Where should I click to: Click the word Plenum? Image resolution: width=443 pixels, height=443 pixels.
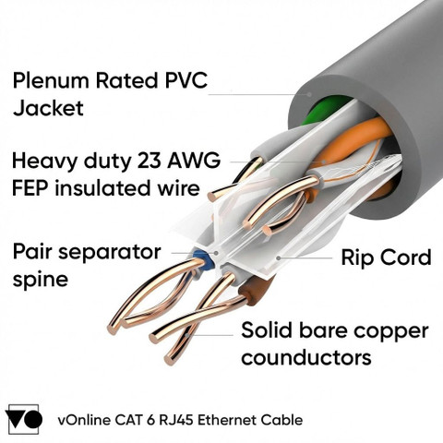point(51,80)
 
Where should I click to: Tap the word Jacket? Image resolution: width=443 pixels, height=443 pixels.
point(48,108)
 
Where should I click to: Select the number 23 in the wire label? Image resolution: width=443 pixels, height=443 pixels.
point(149,161)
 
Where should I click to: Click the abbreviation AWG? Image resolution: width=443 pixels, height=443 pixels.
point(194,161)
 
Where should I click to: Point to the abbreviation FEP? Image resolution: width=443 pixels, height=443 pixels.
point(30,188)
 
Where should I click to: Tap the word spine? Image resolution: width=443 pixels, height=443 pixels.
point(41,280)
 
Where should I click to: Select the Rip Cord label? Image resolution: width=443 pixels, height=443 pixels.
point(386,257)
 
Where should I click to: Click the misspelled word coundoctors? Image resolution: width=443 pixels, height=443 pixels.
point(306,357)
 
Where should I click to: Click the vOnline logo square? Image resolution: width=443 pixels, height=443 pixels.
point(24,419)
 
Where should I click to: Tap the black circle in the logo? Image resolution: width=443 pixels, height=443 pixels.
point(33,419)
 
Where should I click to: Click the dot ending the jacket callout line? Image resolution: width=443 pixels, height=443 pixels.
point(309,94)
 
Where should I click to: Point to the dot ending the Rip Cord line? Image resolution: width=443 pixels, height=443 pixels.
point(279,257)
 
